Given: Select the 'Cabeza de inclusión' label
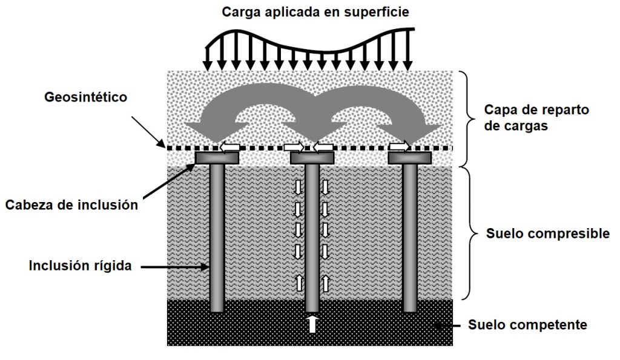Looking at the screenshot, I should pyautogui.click(x=72, y=205).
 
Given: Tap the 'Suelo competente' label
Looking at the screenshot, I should pyautogui.click(x=528, y=325).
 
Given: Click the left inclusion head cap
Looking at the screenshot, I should pyautogui.click(x=217, y=158).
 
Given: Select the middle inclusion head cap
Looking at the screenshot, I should pyautogui.click(x=312, y=158).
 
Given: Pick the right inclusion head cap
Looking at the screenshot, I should pyautogui.click(x=409, y=158).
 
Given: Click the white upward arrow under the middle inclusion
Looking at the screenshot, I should pyautogui.click(x=312, y=324).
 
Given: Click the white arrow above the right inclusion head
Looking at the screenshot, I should pyautogui.click(x=399, y=146).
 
